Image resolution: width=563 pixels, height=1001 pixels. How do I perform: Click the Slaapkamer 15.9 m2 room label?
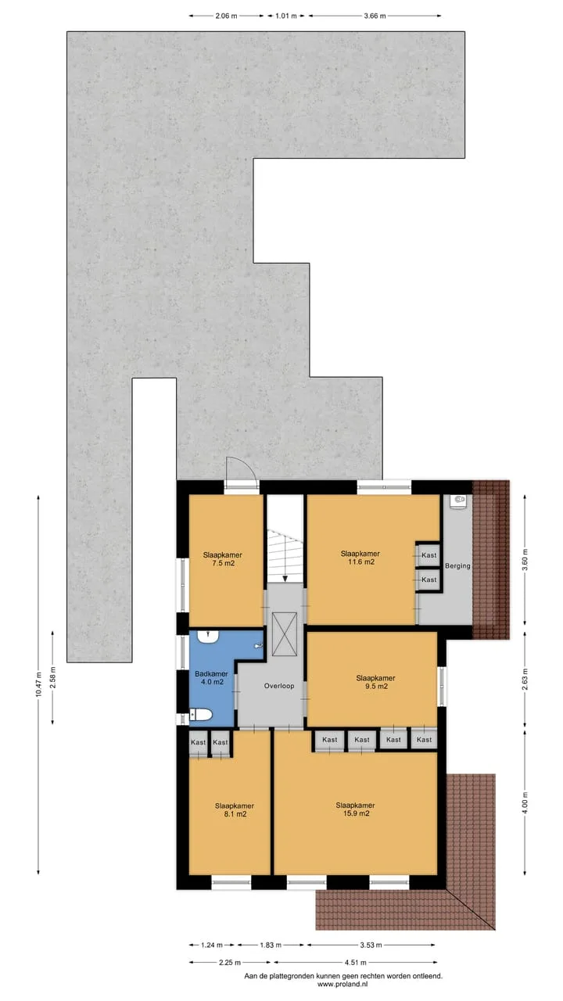[355, 809]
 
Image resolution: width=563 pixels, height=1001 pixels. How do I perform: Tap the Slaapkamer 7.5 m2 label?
[223, 559]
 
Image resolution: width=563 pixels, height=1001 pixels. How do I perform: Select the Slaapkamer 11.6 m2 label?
[360, 558]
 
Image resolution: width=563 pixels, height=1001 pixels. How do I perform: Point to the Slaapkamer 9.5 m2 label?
[376, 682]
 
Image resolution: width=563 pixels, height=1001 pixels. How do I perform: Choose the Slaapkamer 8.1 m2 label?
[235, 809]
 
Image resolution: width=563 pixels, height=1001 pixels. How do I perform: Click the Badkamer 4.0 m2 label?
[211, 678]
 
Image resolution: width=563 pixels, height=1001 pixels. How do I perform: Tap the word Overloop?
[279, 686]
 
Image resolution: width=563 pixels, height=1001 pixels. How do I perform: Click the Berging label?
[457, 565]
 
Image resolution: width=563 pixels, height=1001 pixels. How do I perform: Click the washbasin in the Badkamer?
[208, 637]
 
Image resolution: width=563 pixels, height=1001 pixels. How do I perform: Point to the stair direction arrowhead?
[285, 579]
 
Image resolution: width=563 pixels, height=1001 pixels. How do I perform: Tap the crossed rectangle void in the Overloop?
[285, 634]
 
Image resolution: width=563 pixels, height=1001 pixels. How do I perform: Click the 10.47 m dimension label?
[38, 684]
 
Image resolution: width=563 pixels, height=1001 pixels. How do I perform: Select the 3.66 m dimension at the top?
[375, 16]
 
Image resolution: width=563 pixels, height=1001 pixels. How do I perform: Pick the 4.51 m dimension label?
[355, 962]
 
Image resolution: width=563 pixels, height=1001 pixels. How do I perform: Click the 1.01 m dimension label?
[286, 16]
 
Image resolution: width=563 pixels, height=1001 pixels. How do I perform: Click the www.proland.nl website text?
[344, 984]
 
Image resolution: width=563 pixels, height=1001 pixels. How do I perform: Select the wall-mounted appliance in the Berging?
[457, 501]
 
